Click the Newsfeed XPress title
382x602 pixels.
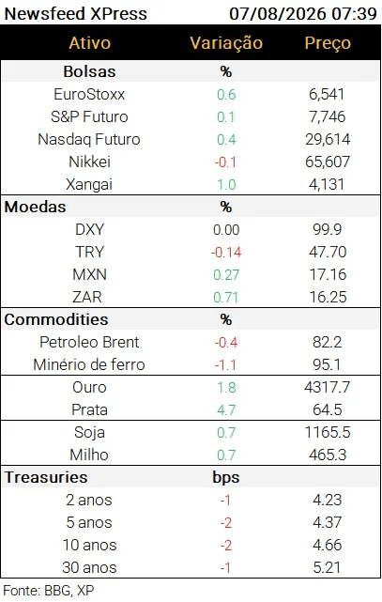click(x=76, y=14)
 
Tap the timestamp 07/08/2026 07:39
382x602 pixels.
click(x=303, y=14)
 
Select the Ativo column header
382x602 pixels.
click(x=89, y=42)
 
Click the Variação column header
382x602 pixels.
click(x=226, y=43)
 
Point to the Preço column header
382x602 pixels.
click(x=328, y=43)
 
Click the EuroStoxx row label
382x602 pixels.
click(x=89, y=94)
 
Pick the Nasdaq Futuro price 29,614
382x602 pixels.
click(x=328, y=139)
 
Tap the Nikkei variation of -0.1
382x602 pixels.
click(x=225, y=162)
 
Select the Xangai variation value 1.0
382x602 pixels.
click(x=226, y=184)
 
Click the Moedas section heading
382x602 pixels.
click(x=35, y=207)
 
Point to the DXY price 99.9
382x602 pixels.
click(x=328, y=229)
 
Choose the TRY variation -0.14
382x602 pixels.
click(x=226, y=253)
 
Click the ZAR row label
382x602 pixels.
click(x=87, y=297)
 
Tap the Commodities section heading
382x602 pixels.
click(x=56, y=319)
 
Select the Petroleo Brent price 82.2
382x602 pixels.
click(x=328, y=342)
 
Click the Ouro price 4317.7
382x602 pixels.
click(x=328, y=387)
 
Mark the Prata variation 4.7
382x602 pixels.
click(x=226, y=410)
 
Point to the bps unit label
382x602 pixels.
click(x=226, y=477)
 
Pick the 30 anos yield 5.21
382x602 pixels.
click(x=328, y=567)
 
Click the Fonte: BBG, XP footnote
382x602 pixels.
click(x=48, y=590)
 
